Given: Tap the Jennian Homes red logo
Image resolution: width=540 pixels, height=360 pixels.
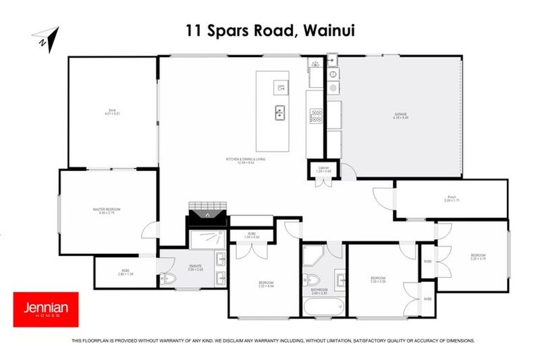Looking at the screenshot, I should [x=46, y=309].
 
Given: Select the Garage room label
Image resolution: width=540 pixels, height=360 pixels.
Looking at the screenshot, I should [x=401, y=116].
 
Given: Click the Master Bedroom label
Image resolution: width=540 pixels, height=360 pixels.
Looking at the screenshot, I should [x=108, y=210].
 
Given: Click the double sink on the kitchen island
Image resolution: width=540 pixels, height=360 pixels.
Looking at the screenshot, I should [x=280, y=111].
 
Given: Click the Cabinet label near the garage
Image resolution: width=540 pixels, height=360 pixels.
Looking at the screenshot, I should [x=323, y=169].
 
